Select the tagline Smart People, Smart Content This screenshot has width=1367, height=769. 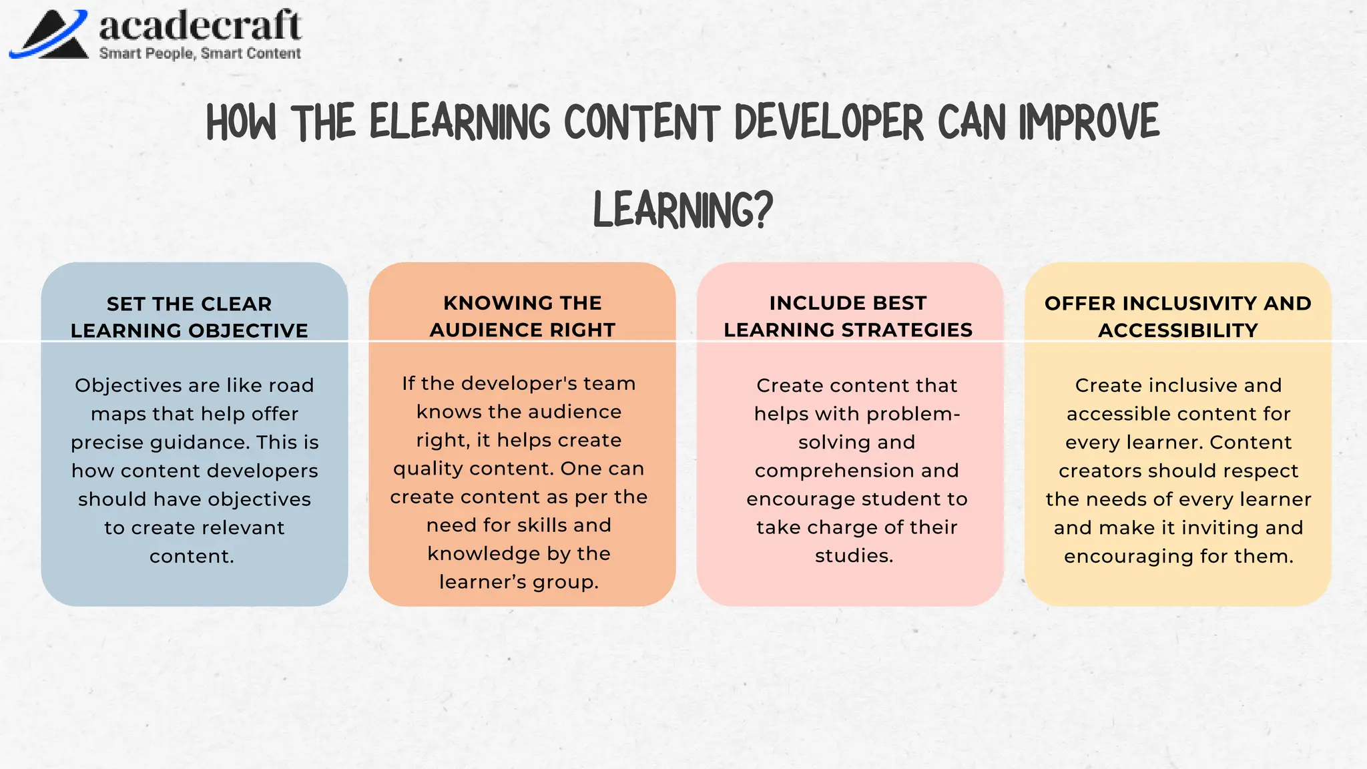[x=200, y=53]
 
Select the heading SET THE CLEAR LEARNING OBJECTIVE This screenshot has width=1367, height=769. [x=190, y=317]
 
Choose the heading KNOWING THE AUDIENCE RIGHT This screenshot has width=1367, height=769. [x=522, y=316]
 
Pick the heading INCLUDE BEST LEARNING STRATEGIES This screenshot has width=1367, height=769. [x=848, y=316]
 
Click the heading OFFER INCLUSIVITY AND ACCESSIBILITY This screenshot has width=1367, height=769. [x=1178, y=316]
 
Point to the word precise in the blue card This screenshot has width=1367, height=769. [x=107, y=443]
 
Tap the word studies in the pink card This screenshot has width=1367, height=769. [x=854, y=555]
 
